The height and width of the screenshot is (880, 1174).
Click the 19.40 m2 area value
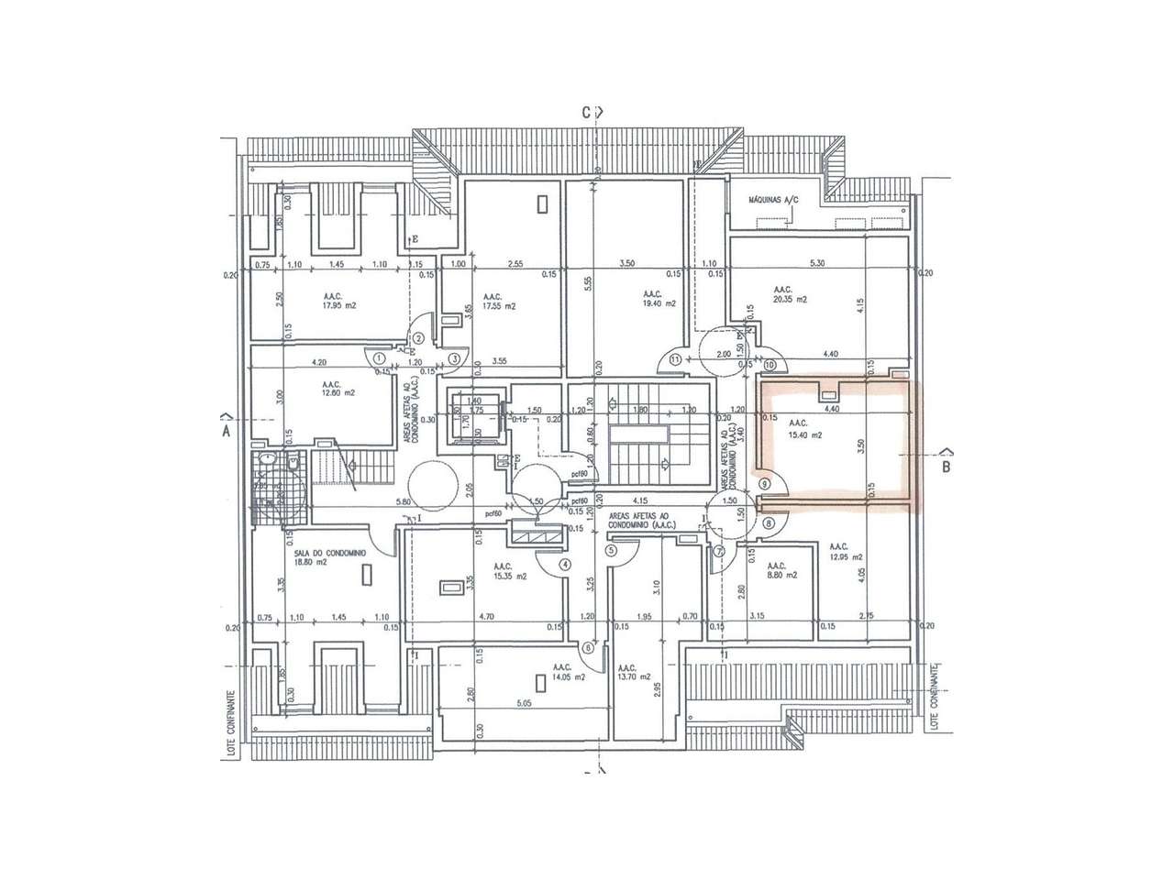click(x=659, y=303)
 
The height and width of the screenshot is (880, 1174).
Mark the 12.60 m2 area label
click(x=332, y=392)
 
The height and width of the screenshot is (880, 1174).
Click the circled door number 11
click(x=676, y=359)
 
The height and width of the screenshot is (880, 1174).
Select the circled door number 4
click(x=565, y=565)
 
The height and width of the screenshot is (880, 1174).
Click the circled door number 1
click(x=382, y=358)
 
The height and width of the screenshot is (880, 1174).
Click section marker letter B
click(x=947, y=466)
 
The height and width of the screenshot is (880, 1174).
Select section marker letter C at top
click(x=584, y=113)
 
